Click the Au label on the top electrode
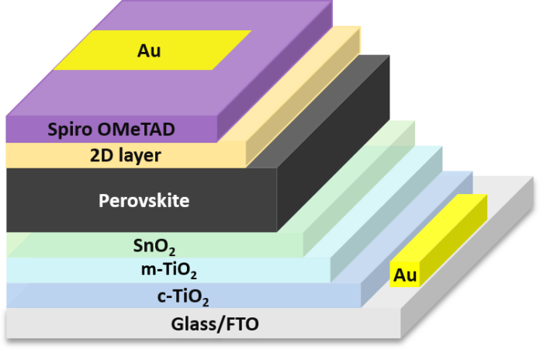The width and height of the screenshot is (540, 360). tap(149, 51)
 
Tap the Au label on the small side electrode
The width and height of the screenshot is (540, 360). tap(405, 275)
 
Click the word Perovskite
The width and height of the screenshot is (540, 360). tap(144, 201)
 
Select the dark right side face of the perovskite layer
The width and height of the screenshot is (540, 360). tap(334, 147)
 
